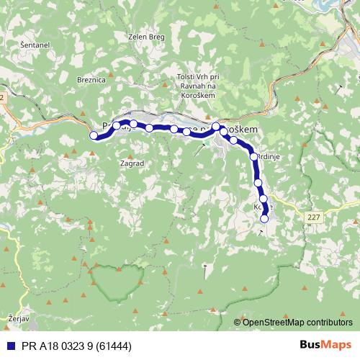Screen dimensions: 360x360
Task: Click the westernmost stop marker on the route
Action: click(x=93, y=135)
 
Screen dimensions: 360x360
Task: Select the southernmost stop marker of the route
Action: click(x=264, y=218)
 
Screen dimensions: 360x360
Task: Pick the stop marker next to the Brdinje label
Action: click(x=253, y=156)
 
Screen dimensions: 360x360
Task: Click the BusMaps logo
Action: click(x=324, y=346)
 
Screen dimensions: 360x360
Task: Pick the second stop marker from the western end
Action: click(x=117, y=126)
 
